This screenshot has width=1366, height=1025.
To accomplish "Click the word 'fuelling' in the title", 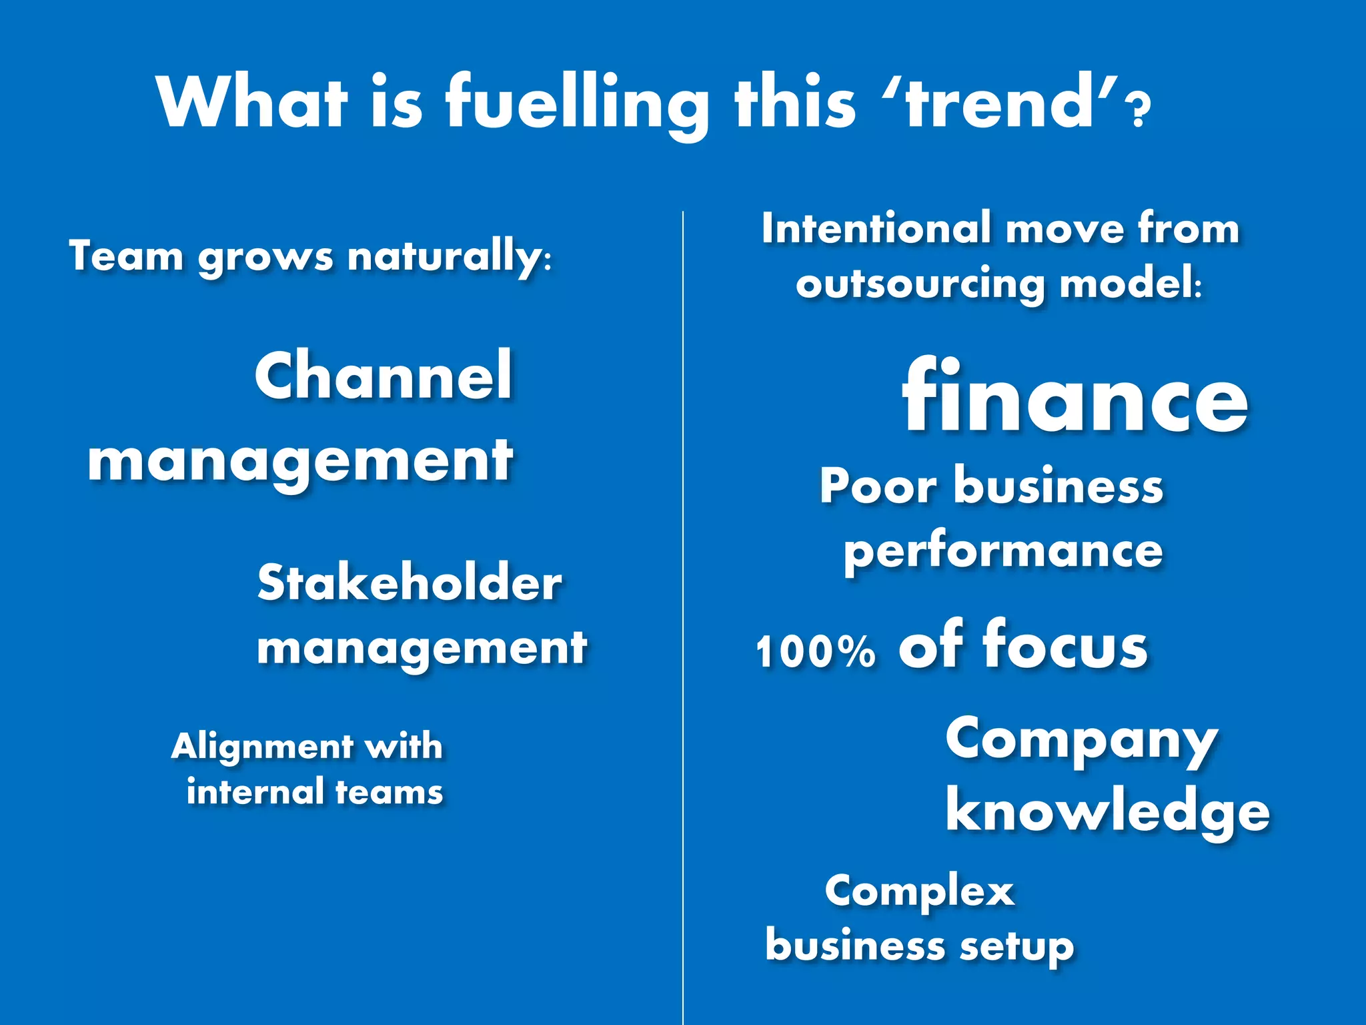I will [576, 103].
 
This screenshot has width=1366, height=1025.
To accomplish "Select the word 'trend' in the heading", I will [1000, 103].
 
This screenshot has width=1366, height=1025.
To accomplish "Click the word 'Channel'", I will [384, 376].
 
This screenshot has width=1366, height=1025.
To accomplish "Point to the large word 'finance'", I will [1075, 398].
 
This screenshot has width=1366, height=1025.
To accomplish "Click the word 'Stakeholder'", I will [410, 583].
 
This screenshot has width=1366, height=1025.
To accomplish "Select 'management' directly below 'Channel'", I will [300, 462].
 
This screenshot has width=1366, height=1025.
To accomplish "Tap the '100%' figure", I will [815, 651].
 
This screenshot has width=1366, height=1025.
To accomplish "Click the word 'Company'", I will [1081, 741].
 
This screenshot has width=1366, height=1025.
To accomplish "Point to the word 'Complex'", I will [920, 892].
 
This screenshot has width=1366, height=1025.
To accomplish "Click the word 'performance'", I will [1003, 551].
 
